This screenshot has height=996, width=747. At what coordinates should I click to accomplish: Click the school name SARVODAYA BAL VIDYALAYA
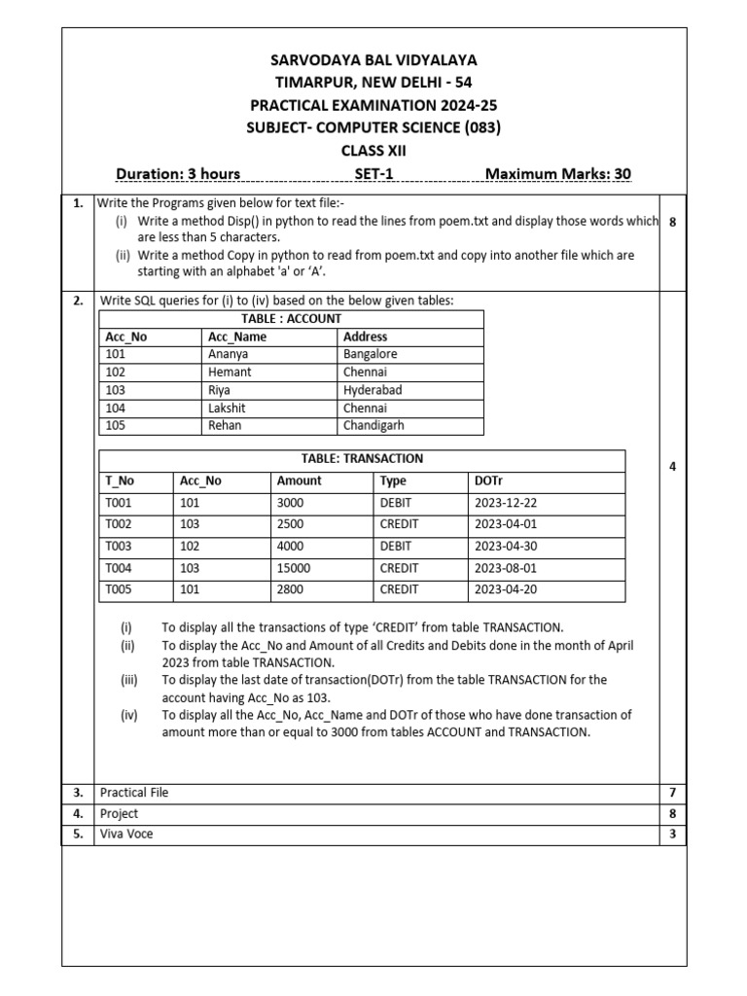click(x=374, y=60)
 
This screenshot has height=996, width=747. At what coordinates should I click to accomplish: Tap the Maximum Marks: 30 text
click(x=557, y=174)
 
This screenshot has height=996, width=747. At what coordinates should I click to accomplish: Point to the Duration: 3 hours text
click(x=178, y=174)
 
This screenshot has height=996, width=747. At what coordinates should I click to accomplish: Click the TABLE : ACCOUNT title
click(x=290, y=318)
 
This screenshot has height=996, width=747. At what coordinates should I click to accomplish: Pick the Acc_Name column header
click(x=236, y=337)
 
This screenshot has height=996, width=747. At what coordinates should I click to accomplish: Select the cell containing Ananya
click(x=229, y=354)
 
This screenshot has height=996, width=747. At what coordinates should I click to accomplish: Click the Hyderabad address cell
click(x=373, y=390)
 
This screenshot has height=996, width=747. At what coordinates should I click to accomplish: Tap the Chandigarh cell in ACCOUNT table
click(x=373, y=425)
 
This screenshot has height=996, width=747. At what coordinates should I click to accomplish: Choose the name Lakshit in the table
click(x=228, y=408)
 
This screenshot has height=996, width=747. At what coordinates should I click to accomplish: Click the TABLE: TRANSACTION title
click(x=362, y=458)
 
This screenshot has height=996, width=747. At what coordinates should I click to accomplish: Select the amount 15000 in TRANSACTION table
click(x=294, y=568)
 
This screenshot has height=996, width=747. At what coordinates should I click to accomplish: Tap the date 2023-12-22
click(x=504, y=503)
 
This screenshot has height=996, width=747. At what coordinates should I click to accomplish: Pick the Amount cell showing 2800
click(x=291, y=589)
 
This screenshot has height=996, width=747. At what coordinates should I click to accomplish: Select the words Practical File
click(x=134, y=793)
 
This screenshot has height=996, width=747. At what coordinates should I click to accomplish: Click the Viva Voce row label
click(x=126, y=834)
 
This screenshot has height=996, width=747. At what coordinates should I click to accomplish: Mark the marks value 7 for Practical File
click(x=671, y=793)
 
